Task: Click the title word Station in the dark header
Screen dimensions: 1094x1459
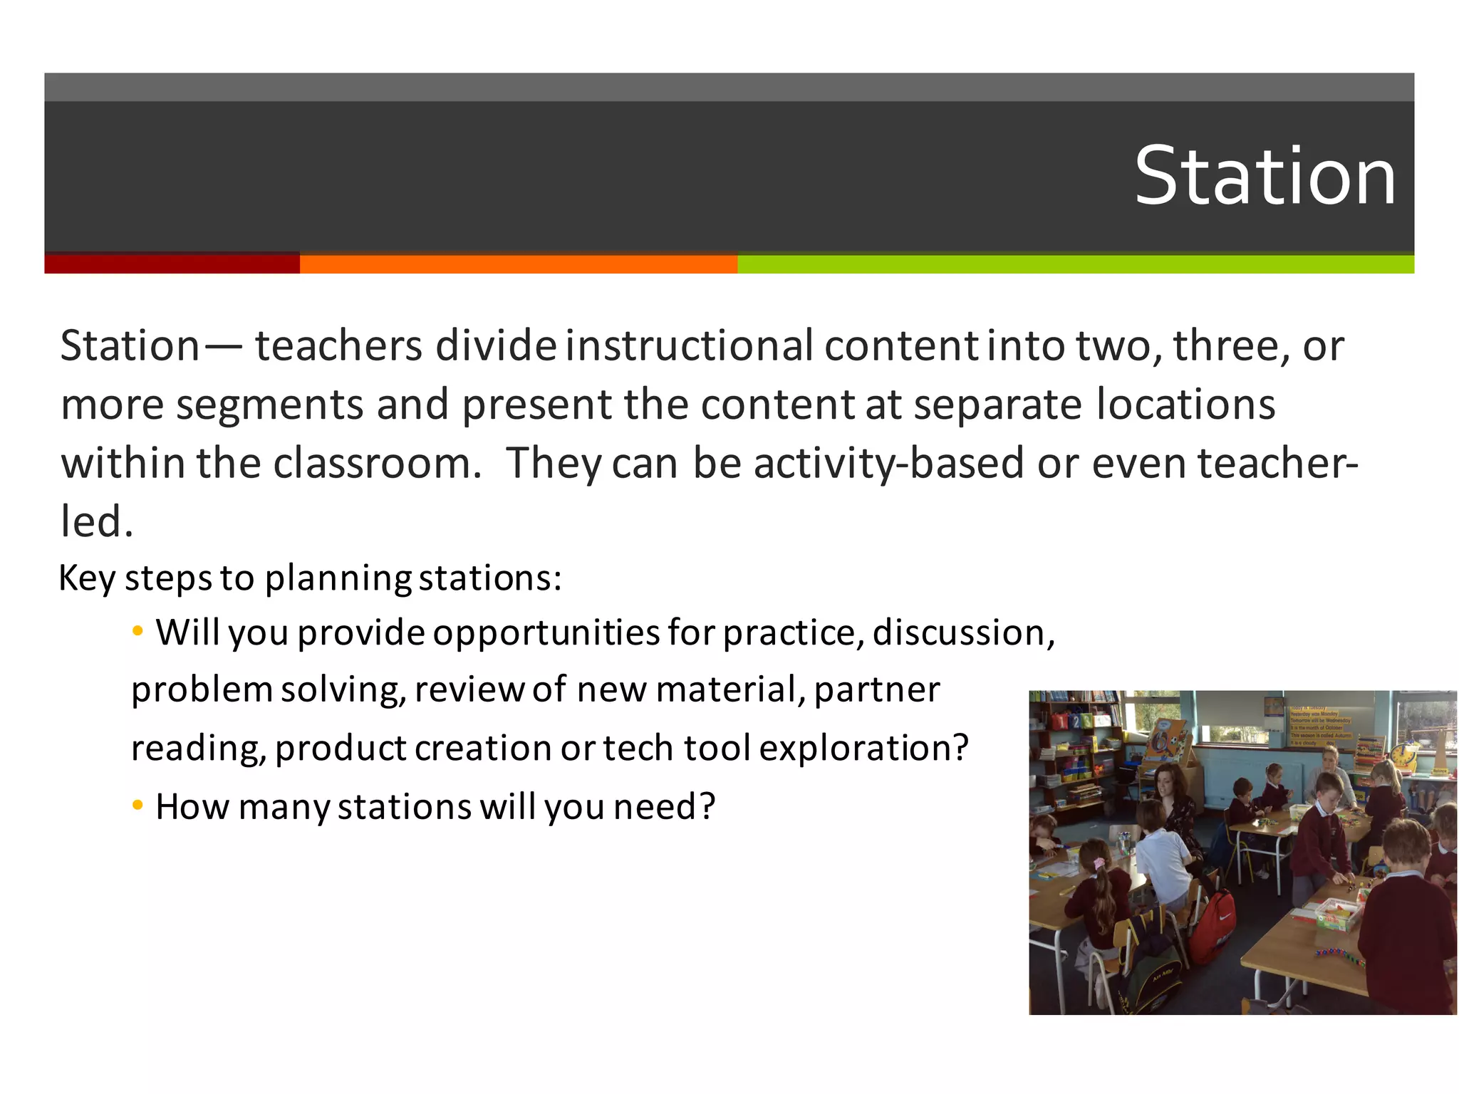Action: pos(1265,176)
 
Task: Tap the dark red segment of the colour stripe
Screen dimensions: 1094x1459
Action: pos(172,264)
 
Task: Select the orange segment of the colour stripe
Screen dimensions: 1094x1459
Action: pos(518,264)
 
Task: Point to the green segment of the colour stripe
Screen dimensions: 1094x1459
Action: pos(1075,264)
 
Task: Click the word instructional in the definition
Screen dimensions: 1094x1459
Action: pos(690,346)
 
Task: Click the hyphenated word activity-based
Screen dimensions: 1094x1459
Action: pos(890,464)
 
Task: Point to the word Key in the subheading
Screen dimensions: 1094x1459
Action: pos(87,578)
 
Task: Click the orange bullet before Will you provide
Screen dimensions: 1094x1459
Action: pos(138,631)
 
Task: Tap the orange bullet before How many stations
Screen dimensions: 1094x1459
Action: pos(138,806)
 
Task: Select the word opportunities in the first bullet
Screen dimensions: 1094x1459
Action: pos(546,633)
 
